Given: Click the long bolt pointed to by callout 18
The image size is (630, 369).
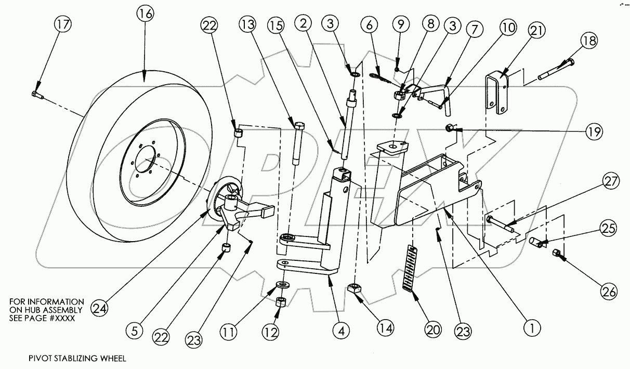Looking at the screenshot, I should point(557,71).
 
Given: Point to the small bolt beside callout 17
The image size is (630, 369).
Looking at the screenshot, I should point(35,94).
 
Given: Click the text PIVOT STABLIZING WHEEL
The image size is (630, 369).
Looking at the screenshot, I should point(78,358).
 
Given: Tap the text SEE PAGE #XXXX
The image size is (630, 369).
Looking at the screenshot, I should point(43,318).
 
